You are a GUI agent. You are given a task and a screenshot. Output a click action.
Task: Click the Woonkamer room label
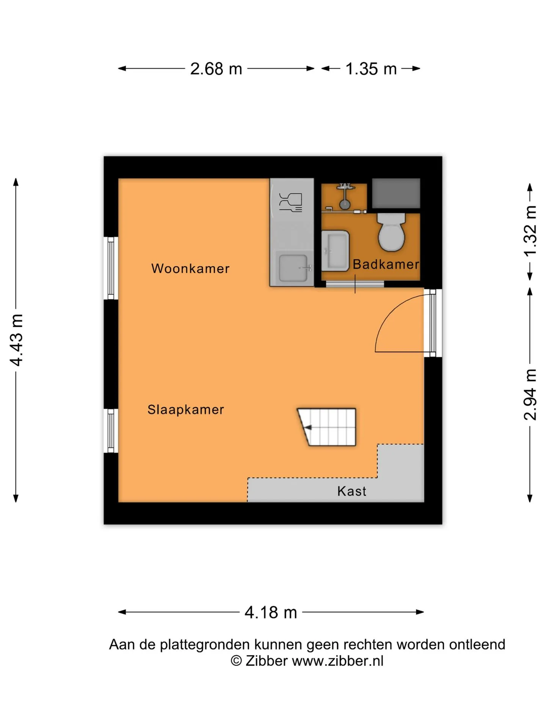point(190,268)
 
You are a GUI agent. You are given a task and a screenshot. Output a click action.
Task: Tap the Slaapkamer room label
point(186,410)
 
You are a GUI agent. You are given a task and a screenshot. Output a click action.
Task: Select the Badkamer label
point(386,264)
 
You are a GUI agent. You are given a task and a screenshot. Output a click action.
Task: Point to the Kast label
point(352,491)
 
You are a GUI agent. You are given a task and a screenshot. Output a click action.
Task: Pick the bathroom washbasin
point(335,251)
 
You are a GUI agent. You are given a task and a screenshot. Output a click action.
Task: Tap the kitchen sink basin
point(293,268)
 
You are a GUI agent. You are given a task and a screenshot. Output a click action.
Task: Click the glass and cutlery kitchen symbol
point(291,202)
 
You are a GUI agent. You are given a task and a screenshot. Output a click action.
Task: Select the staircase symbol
point(327,427)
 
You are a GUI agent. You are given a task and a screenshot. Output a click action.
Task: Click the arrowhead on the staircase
point(308,428)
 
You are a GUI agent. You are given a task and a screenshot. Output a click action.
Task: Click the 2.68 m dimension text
point(216,69)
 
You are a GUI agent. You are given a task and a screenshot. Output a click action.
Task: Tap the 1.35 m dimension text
point(371,69)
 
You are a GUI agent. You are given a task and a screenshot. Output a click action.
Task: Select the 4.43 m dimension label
point(17,340)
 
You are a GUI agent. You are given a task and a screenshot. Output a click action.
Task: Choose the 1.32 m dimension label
point(530,231)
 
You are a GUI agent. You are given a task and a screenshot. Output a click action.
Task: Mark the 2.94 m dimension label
point(530,394)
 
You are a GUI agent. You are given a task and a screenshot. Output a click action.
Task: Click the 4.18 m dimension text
point(271,612)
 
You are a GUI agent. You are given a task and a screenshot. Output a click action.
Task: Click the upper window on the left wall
point(111,268)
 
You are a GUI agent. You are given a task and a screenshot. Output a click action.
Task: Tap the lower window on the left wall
point(111,431)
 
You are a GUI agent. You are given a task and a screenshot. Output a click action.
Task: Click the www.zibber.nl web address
point(338,661)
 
